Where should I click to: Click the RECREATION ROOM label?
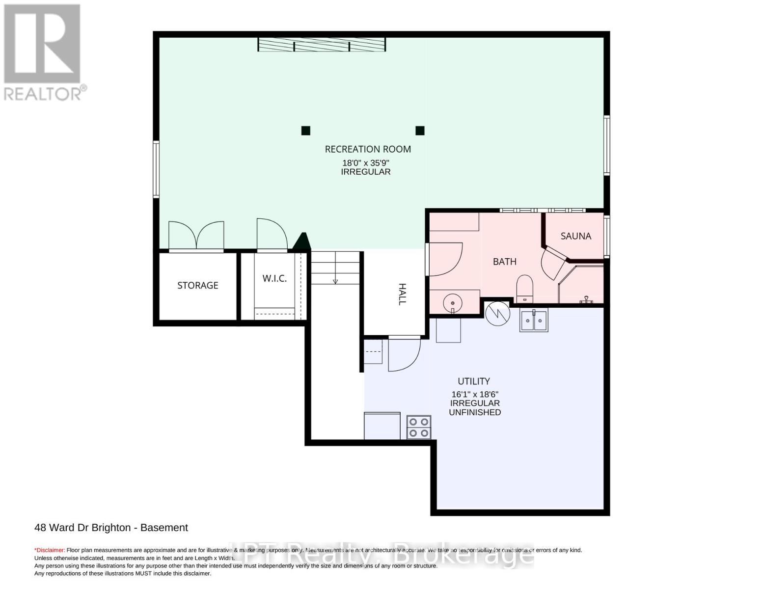click(368, 149)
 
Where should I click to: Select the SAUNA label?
click(575, 236)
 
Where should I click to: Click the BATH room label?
click(504, 262)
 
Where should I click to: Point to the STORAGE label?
click(197, 285)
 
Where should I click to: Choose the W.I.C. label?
click(274, 278)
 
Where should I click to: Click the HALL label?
click(402, 294)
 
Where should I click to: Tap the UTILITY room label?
click(474, 381)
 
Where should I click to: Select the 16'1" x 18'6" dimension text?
click(475, 394)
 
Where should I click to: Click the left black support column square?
click(305, 131)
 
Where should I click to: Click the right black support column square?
click(420, 131)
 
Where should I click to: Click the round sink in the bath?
click(452, 303)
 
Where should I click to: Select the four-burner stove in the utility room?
click(419, 427)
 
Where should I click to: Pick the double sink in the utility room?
click(534, 321)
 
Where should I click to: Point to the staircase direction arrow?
click(335, 281)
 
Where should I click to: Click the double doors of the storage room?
click(196, 236)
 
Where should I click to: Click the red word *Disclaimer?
click(50, 550)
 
